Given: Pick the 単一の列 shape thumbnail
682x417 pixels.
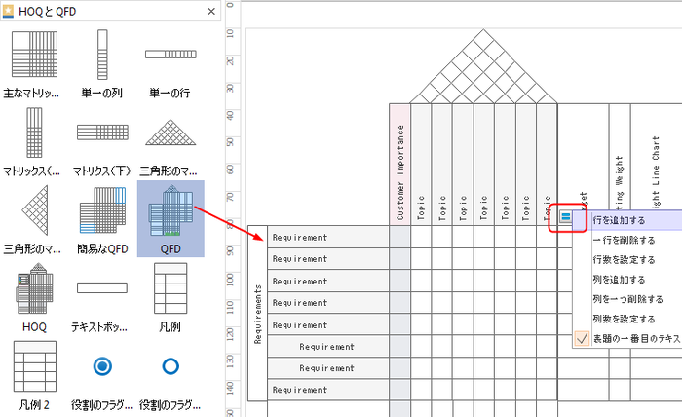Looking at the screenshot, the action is [101, 56].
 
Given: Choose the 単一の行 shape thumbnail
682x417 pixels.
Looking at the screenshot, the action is [170, 56].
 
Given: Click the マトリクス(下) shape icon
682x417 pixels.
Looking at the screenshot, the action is [101, 133].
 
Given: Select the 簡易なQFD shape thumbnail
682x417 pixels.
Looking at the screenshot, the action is [101, 211].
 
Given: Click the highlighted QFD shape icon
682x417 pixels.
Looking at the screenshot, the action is [170, 211].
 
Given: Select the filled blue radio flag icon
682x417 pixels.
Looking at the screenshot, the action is [101, 366].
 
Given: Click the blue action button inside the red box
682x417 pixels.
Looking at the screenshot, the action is [566, 218].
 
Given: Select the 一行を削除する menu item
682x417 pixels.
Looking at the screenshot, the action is [624, 240].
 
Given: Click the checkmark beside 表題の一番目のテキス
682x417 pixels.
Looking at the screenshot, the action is [582, 339].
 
